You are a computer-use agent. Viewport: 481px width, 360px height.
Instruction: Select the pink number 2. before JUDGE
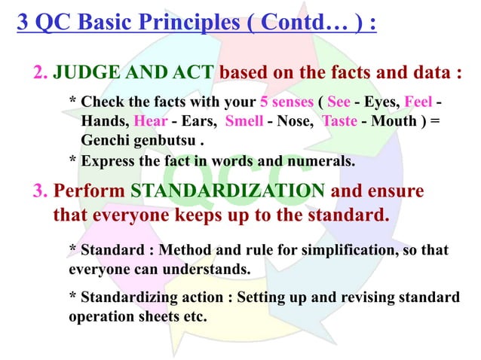41,73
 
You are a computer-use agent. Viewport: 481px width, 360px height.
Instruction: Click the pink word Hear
149,121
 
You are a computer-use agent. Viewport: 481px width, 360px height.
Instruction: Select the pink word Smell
244,121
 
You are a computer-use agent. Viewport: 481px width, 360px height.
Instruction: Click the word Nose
289,121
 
